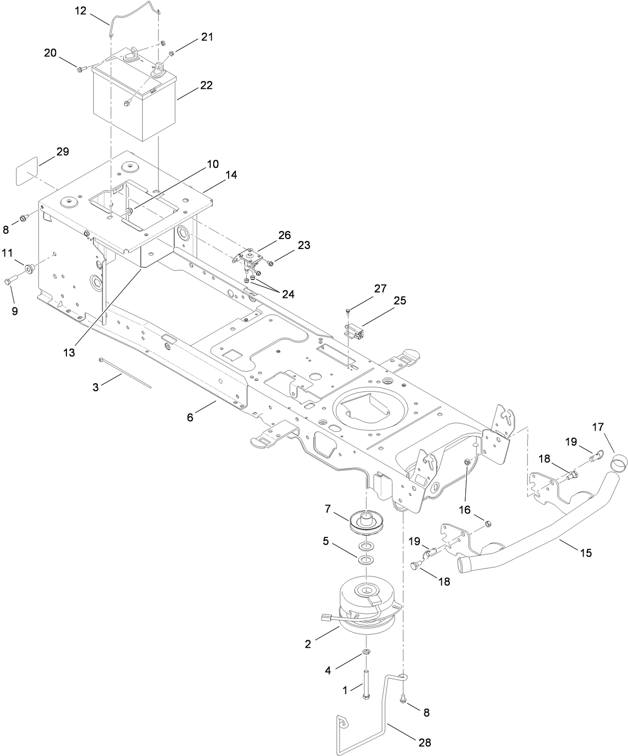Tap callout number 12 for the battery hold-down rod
(x=81, y=10)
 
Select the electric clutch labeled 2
(x=367, y=609)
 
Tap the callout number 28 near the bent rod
(x=424, y=742)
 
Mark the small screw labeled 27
(x=347, y=311)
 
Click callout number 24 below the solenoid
(x=288, y=294)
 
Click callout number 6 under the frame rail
(x=190, y=417)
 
